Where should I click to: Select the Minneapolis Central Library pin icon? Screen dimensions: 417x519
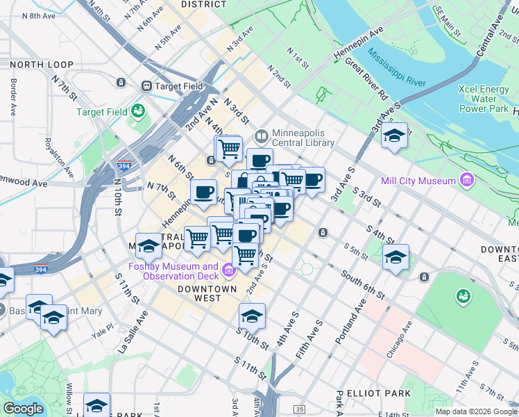262,136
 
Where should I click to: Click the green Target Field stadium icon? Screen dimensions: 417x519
138,111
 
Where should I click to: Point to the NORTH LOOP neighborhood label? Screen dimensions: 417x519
42,65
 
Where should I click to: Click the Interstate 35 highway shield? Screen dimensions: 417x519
299,409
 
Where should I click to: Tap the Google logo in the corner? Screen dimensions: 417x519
23,409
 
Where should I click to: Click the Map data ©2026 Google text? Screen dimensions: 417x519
475,411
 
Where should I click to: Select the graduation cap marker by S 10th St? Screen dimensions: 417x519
252,316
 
